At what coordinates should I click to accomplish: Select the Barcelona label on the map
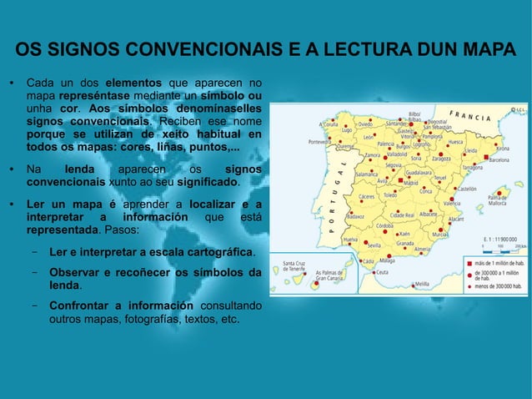499,159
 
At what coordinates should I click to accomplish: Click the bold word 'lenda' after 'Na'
79,169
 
